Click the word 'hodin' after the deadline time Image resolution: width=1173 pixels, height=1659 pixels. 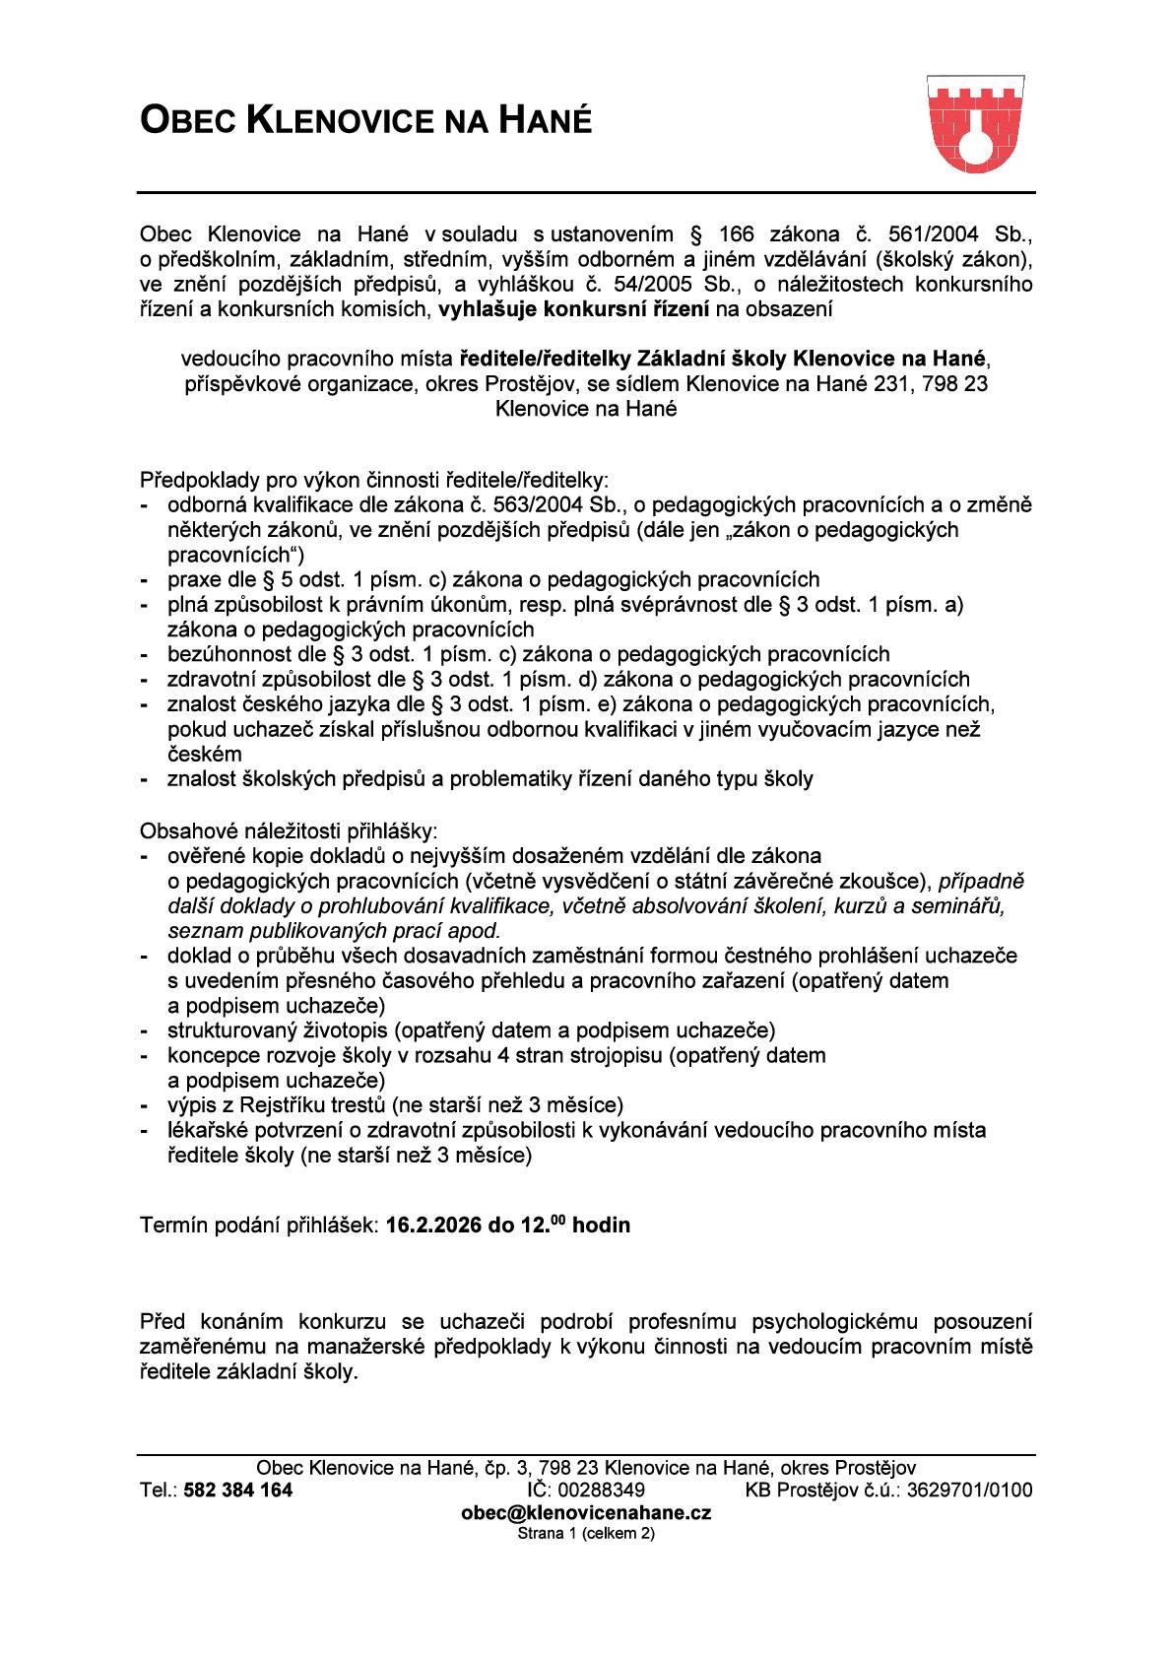click(x=602, y=1226)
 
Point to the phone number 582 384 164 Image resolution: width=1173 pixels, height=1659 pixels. click(x=238, y=1490)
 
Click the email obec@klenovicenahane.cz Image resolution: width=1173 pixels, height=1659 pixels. click(x=586, y=1512)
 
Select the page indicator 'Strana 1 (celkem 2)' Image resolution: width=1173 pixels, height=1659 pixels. click(x=586, y=1533)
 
